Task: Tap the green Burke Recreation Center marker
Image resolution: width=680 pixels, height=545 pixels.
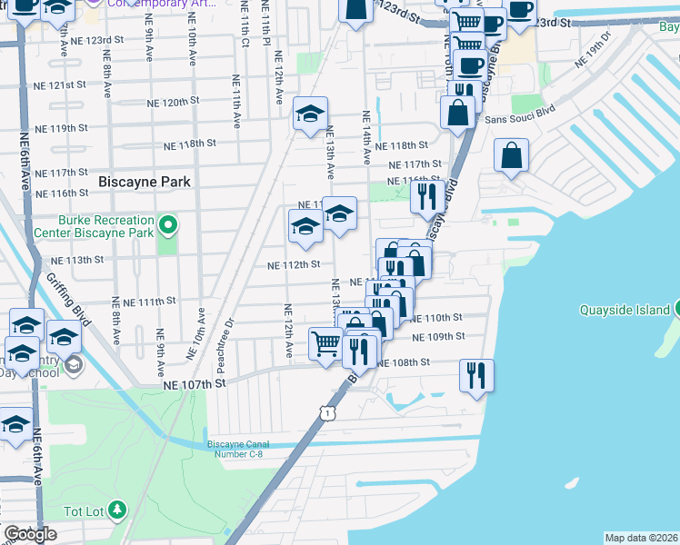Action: [x=167, y=223]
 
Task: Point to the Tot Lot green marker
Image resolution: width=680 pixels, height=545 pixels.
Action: [x=117, y=510]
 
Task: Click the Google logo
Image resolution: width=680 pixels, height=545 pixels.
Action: [x=29, y=534]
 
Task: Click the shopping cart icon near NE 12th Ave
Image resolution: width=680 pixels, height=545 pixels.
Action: [x=325, y=342]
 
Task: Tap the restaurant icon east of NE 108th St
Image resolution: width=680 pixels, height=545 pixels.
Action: [x=476, y=372]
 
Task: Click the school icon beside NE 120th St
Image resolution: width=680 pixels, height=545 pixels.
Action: [x=310, y=114]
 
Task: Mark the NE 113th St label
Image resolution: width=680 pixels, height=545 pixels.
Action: [x=75, y=260]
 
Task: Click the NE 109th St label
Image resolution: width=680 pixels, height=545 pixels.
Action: [x=438, y=336]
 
